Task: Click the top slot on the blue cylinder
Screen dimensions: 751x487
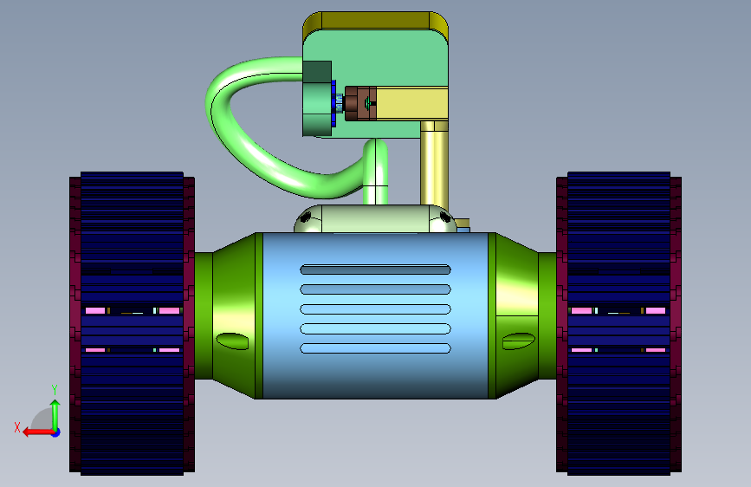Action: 376,269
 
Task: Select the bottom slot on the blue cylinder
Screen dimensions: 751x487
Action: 376,348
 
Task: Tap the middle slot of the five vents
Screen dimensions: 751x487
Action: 376,309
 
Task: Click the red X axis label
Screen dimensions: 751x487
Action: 17,427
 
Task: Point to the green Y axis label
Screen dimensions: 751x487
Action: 55,390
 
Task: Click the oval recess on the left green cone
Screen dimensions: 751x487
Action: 232,341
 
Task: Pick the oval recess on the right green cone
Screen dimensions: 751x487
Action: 519,341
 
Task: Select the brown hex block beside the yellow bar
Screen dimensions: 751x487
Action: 360,103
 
